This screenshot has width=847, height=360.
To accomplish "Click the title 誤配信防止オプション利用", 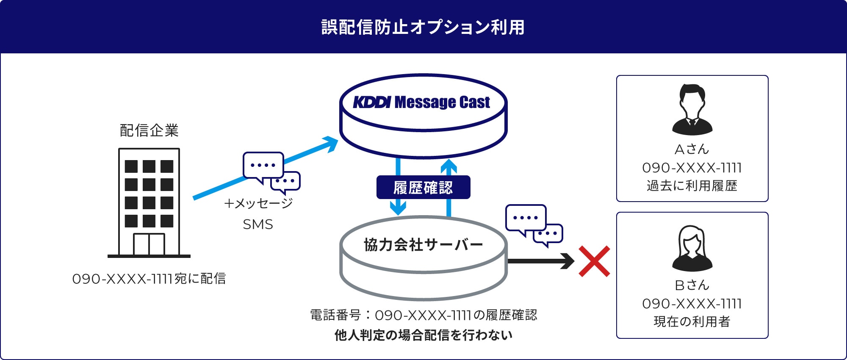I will click(423, 27).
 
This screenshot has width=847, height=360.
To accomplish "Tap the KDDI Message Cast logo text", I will click(422, 102).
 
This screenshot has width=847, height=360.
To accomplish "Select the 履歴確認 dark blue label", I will click(423, 188).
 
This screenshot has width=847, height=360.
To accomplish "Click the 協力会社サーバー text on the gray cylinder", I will click(423, 245).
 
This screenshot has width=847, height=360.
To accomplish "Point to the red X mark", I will click(594, 261).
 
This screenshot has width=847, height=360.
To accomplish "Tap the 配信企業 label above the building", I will click(149, 130).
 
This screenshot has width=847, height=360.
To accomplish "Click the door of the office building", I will click(149, 244).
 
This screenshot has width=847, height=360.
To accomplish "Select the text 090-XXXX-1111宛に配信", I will click(149, 279).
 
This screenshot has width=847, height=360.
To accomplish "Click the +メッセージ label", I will click(258, 203).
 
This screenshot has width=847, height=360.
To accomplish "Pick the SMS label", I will click(258, 224).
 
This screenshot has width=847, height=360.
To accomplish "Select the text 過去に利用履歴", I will click(692, 186).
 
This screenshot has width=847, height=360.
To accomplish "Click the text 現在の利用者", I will click(692, 322).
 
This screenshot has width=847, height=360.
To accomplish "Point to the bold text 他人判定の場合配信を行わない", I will click(423, 335).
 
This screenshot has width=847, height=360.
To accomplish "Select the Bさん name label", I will click(692, 285).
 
